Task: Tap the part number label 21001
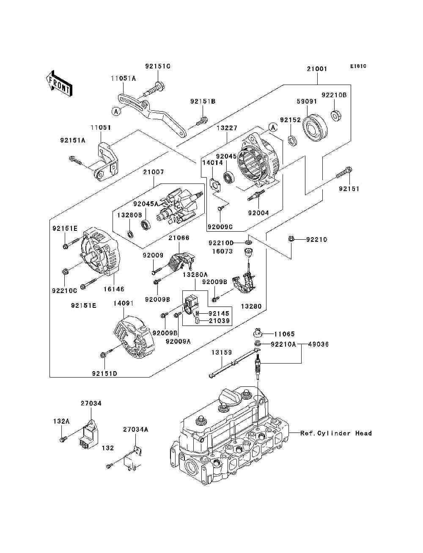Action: coord(317,68)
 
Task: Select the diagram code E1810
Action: coord(358,66)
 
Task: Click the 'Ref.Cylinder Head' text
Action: coord(336,433)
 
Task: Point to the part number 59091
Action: coord(306,101)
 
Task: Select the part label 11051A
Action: coord(124,78)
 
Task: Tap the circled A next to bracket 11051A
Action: coord(115,111)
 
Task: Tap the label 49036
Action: coord(318,344)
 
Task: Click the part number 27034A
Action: coord(136,429)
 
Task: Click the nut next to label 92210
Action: coord(291,239)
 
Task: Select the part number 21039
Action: coord(219,321)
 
